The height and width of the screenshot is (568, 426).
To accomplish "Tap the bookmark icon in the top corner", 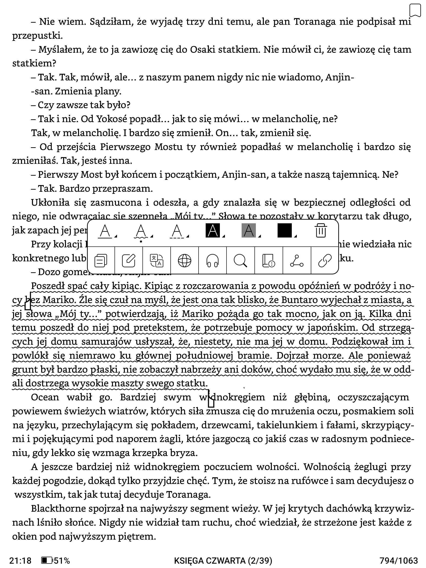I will [415, 11].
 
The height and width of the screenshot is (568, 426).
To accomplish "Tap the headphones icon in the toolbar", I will [212, 261].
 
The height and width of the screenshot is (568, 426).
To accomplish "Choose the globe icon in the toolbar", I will [184, 261].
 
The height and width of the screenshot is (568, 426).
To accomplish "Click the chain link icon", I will [325, 261].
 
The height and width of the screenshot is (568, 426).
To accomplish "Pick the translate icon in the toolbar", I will [156, 261].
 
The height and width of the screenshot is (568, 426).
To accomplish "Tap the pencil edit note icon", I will [128, 261].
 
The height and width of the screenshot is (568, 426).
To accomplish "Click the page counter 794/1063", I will [399, 560].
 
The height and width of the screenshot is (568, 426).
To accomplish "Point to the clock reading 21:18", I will [20, 560].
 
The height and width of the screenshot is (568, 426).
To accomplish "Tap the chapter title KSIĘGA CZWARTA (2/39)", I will [223, 560].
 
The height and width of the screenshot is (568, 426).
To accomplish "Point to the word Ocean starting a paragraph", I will [45, 397].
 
